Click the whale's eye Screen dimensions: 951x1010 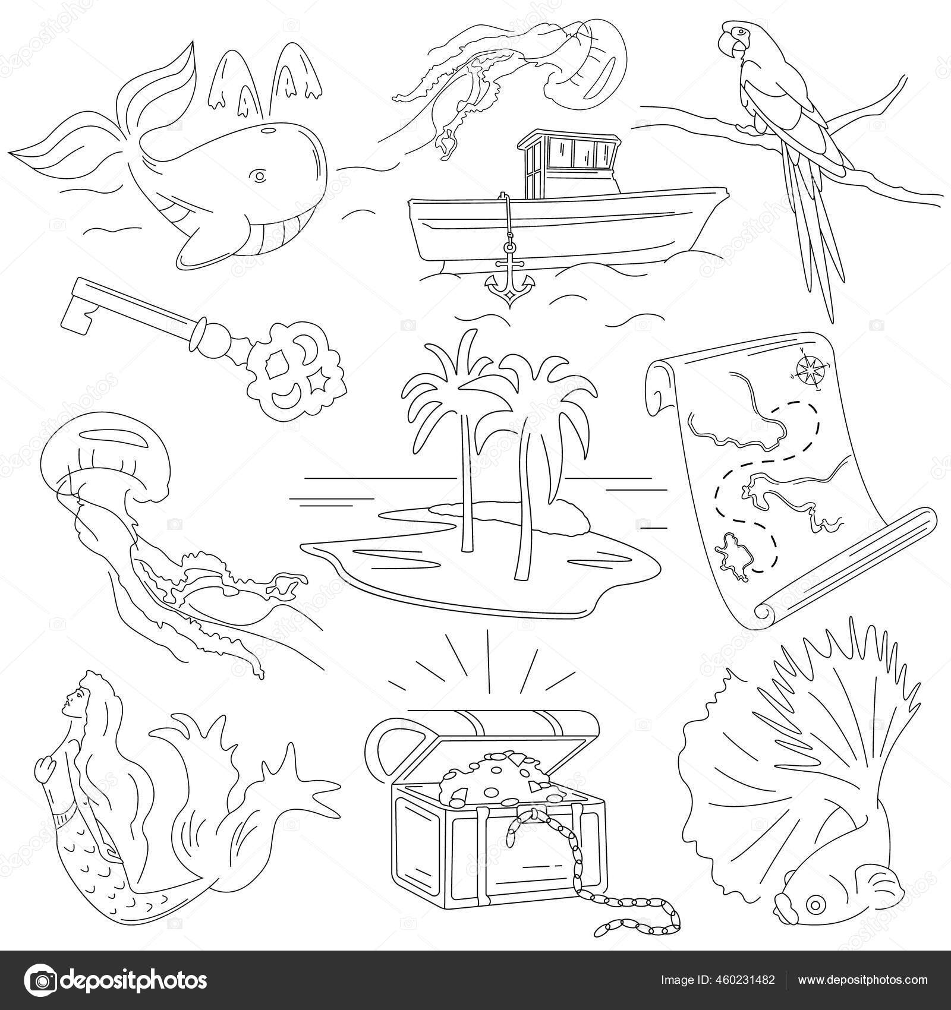(258, 176)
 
